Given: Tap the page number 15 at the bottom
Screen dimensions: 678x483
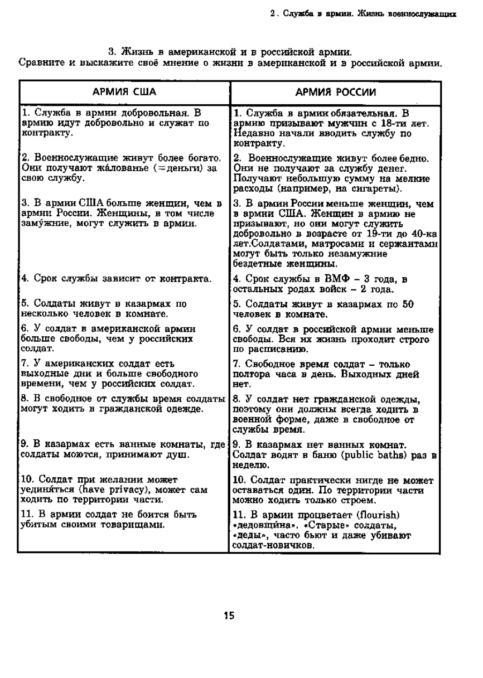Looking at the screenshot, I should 229,616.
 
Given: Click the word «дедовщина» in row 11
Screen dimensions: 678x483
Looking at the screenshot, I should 262,525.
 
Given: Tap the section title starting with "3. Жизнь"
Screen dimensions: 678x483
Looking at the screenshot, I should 229,52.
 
